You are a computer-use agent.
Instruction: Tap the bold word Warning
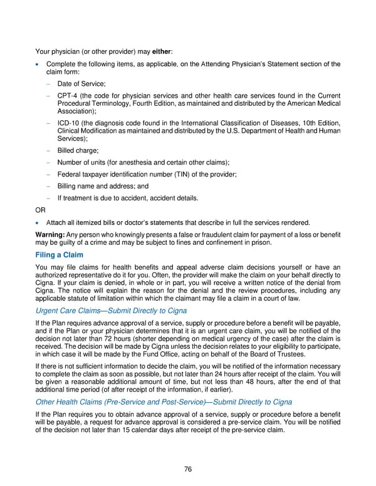tap(52, 234)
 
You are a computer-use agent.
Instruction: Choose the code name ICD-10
tap(68, 123)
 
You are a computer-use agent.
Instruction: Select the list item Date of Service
tap(81, 83)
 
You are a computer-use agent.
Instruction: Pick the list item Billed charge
tap(78, 151)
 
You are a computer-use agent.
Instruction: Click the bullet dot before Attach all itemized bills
tap(39, 222)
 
